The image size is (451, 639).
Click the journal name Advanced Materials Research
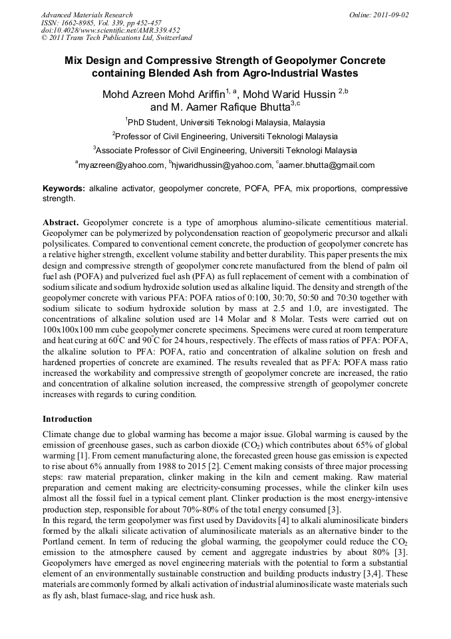pyautogui.click(x=86, y=15)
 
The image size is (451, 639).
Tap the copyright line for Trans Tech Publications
pyautogui.click(x=116, y=38)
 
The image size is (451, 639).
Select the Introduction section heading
pyautogui.click(x=67, y=419)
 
